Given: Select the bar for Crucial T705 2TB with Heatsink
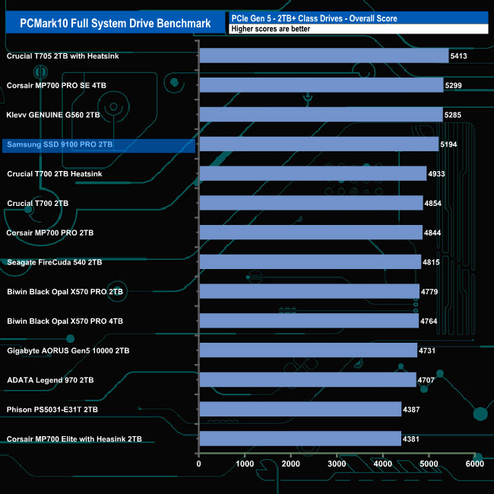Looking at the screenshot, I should click(x=323, y=55).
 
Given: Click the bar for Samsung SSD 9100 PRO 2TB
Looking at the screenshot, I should click(x=318, y=144).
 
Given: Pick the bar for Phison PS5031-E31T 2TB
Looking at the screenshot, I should click(x=299, y=409).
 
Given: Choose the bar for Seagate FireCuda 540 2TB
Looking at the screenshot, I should click(x=309, y=261).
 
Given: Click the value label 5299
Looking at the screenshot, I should click(x=457, y=85).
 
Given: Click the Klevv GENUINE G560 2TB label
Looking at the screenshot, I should click(x=53, y=115).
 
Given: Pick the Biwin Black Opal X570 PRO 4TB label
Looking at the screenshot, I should click(x=65, y=321).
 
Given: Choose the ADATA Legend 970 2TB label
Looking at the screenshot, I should click(x=50, y=380).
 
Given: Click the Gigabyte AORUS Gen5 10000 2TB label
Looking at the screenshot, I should click(x=68, y=350).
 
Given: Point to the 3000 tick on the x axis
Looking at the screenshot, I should click(x=337, y=464).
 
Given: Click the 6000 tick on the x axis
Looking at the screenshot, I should click(x=474, y=464).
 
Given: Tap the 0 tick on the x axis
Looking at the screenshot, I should click(x=199, y=464).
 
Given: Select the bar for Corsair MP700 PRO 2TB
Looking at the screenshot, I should click(x=310, y=232).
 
